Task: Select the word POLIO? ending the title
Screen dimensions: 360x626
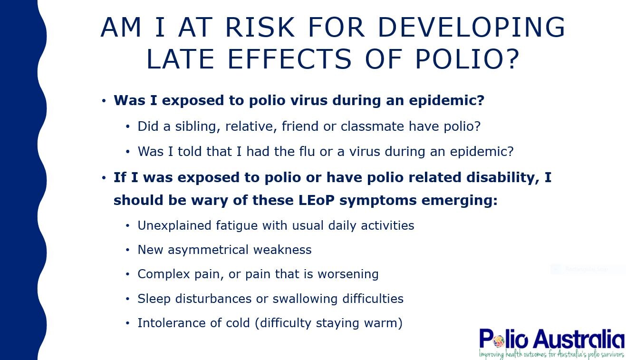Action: (467, 59)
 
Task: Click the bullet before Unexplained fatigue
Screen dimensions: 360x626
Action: (127, 225)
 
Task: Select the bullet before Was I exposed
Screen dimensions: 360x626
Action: (104, 101)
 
